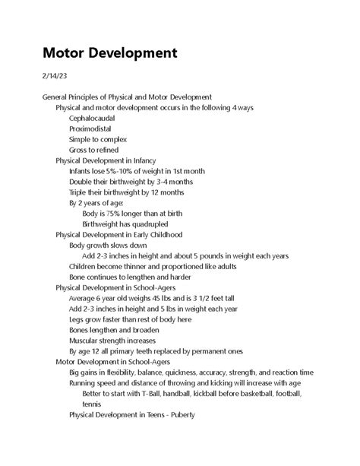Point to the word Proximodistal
point(90,129)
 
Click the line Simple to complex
point(97,140)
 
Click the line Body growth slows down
point(108,246)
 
